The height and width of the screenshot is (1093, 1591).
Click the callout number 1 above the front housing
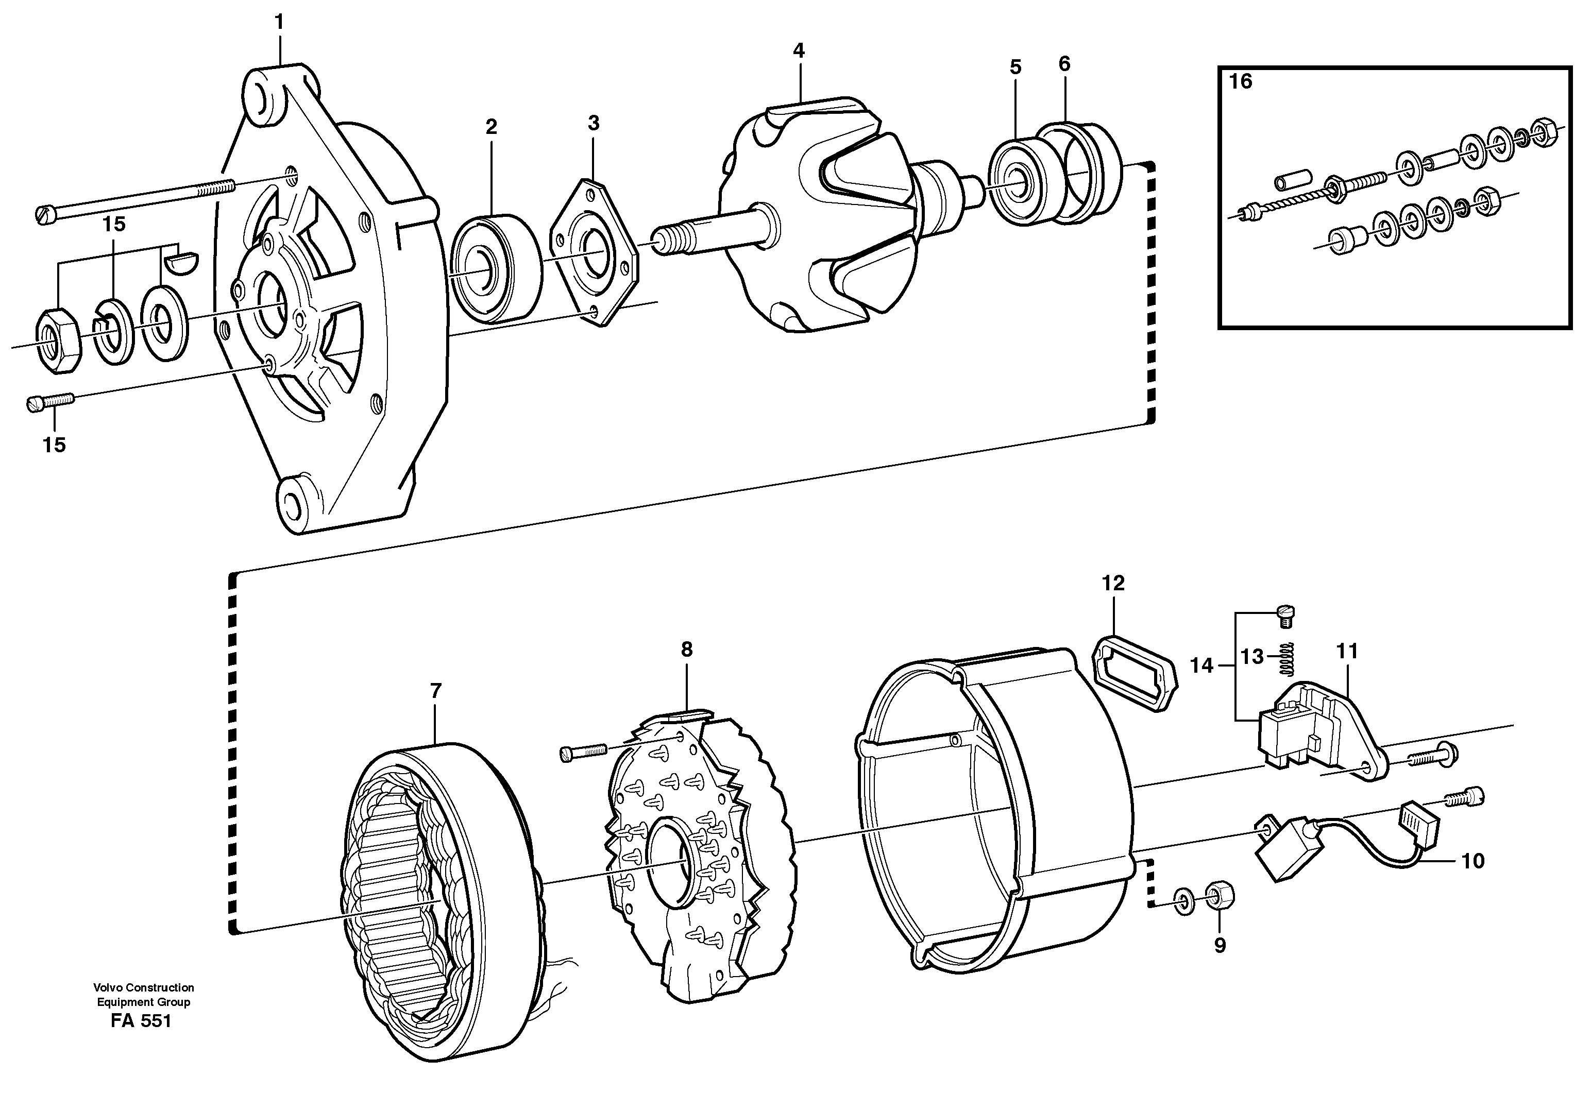(x=279, y=23)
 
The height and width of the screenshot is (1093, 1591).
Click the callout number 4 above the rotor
(x=799, y=50)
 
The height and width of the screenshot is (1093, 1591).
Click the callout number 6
(x=1063, y=64)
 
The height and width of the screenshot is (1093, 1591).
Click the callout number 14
(x=1202, y=665)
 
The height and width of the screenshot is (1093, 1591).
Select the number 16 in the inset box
(x=1240, y=81)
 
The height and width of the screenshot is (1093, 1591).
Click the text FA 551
(x=141, y=1021)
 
